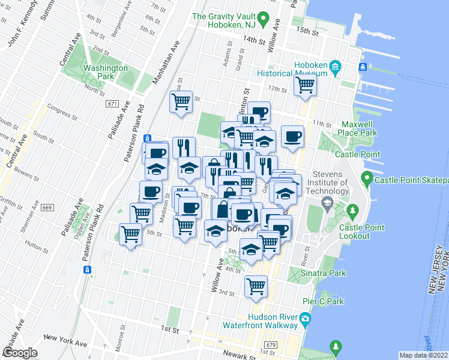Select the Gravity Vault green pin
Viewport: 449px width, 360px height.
tap(197, 17)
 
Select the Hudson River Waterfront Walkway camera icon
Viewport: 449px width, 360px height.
tap(306, 317)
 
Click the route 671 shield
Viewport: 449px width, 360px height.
tap(112, 104)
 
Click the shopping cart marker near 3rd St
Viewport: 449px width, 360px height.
tap(256, 286)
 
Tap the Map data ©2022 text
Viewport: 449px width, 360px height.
tap(423, 355)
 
